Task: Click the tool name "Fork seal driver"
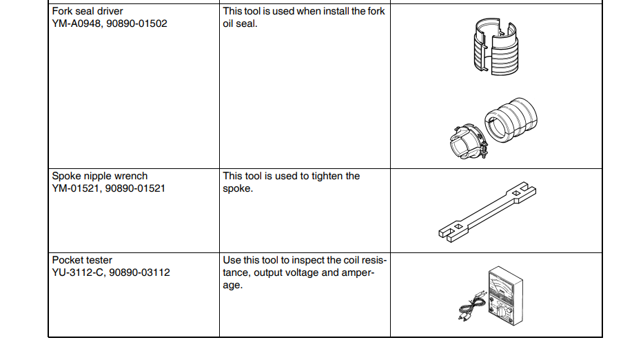(88, 11)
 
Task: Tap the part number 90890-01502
(137, 23)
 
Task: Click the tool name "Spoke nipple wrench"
(100, 176)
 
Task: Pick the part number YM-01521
(76, 188)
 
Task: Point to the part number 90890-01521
(135, 188)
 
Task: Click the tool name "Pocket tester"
(82, 260)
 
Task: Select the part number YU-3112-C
(77, 272)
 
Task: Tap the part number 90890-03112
(139, 272)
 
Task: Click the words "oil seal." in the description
(240, 24)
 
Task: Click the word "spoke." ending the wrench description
(238, 189)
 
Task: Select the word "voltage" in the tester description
(301, 272)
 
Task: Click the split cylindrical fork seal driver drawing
(496, 46)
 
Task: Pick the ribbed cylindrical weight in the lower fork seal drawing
(511, 120)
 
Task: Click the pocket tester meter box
(506, 296)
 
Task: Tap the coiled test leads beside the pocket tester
(472, 306)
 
